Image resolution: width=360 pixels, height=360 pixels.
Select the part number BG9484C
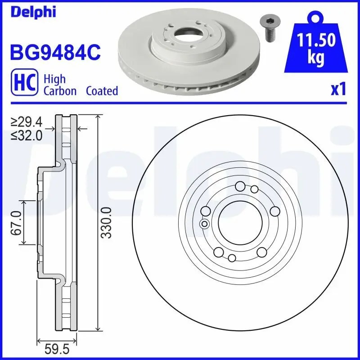click(x=55, y=53)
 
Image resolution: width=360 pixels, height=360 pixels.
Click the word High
click(x=54, y=79)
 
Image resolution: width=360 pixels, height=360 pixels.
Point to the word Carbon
click(x=60, y=91)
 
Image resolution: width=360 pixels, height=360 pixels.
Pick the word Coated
click(x=102, y=91)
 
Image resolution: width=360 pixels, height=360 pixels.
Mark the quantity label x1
click(x=338, y=90)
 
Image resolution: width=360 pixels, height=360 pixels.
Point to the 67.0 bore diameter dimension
click(x=17, y=223)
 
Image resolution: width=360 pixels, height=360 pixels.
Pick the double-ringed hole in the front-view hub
click(x=204, y=224)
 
